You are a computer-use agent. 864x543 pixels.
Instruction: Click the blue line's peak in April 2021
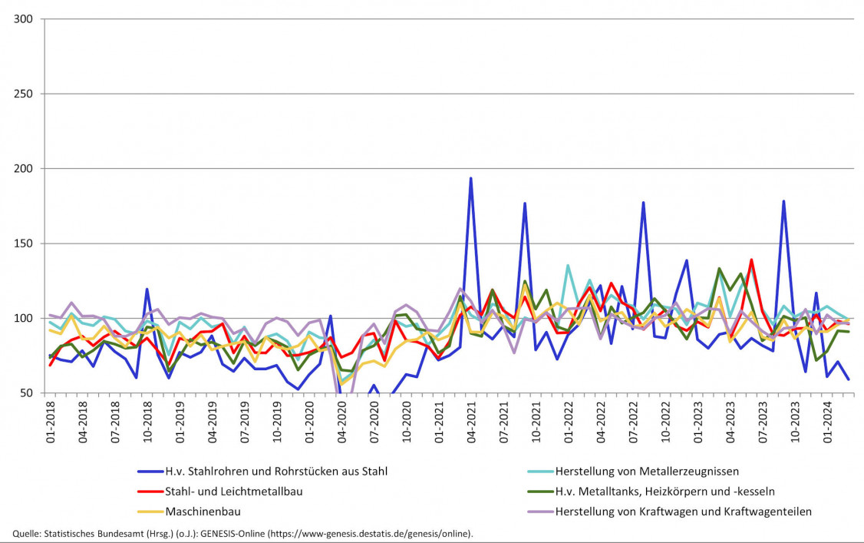[x=470, y=178]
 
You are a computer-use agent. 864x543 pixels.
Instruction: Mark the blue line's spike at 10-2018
[x=147, y=290]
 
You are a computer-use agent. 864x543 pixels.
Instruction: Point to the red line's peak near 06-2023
[x=751, y=260]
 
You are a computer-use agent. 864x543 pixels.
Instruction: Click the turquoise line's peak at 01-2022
[x=568, y=266]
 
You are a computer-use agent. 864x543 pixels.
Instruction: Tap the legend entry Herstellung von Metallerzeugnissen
[x=646, y=471]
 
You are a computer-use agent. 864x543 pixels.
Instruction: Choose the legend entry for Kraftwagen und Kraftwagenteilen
[x=683, y=511]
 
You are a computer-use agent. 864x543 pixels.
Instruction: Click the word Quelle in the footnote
[x=28, y=533]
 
